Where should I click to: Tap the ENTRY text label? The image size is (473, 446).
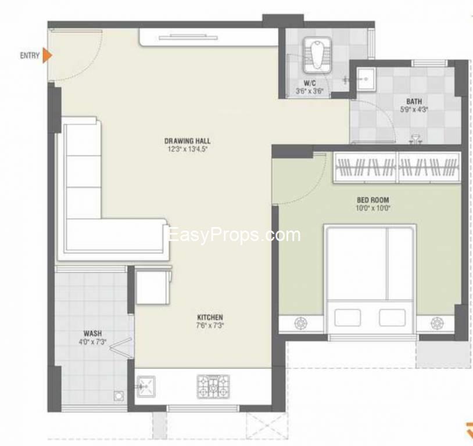tap(30, 56)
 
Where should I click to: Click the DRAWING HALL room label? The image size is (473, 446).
tap(187, 141)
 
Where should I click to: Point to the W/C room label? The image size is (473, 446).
tap(309, 83)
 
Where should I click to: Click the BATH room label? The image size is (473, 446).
tap(414, 101)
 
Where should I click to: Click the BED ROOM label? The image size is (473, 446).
tap(373, 200)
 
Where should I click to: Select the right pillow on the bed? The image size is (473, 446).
tap(392, 317)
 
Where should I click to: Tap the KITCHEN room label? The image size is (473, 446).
tap(210, 317)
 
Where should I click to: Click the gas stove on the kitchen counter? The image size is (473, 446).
tap(213, 386)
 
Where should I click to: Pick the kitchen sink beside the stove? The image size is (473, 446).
tap(145, 386)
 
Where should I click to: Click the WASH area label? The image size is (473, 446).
tap(92, 333)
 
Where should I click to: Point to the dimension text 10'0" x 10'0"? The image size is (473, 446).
tap(373, 207)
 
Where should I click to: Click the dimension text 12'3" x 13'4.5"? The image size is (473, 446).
tap(187, 148)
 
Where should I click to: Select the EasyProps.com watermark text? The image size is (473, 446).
tap(233, 235)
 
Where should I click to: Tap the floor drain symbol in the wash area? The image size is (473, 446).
tap(119, 397)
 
